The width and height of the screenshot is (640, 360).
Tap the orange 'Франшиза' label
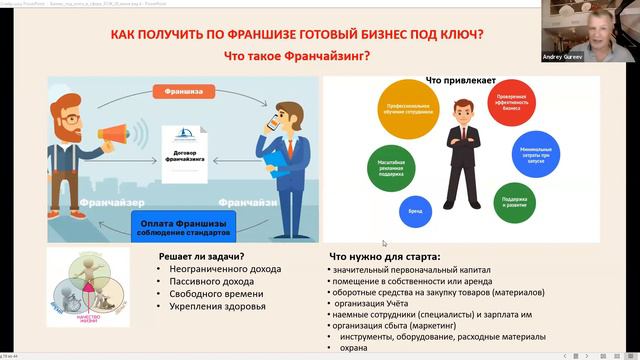tap(184, 91)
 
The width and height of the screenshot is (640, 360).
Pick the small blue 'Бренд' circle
tap(414, 212)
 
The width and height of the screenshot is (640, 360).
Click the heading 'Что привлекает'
tap(454, 80)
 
